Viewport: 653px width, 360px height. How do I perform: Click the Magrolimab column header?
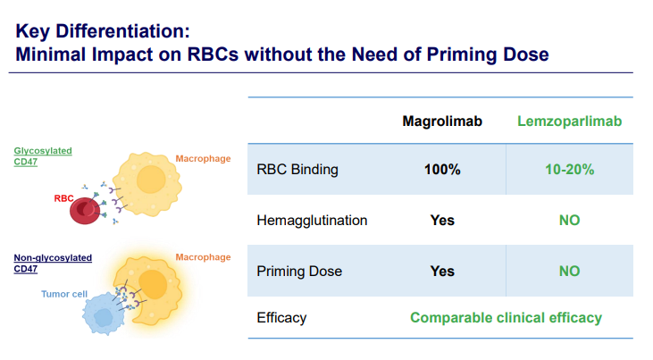442,121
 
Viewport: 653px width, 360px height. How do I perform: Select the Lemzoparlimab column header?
569,121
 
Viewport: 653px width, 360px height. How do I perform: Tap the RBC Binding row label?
297,170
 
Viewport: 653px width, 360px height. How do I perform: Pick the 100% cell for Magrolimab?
442,170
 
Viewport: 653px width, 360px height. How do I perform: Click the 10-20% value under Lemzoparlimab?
569,170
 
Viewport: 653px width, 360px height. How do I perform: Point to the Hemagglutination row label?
312,221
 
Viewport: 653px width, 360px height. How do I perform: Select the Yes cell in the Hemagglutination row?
442,220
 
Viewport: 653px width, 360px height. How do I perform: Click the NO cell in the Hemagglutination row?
569,220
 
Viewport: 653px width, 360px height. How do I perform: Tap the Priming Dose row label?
299,272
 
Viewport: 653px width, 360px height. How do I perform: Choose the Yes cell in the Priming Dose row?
442,272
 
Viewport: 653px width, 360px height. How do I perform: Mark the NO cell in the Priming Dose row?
569,272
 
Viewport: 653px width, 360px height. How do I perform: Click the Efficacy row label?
281,318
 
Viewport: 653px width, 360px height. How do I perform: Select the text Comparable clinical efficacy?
506,317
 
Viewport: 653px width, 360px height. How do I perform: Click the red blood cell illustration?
85,211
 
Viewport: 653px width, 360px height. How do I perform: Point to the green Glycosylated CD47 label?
43,156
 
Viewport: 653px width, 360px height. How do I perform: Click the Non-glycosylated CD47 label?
53,264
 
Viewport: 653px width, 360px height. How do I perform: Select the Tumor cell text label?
64,294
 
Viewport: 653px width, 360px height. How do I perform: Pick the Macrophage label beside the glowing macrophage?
203,257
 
